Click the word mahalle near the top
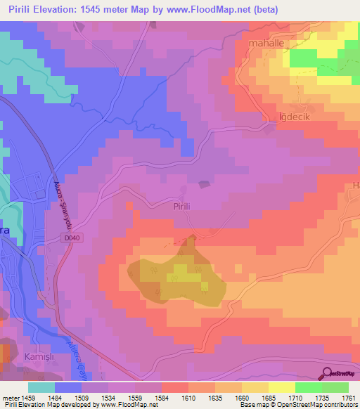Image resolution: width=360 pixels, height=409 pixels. tap(267, 43)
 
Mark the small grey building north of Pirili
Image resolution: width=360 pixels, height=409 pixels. tap(204, 185)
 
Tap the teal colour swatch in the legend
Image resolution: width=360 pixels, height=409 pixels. tap(41, 387)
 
